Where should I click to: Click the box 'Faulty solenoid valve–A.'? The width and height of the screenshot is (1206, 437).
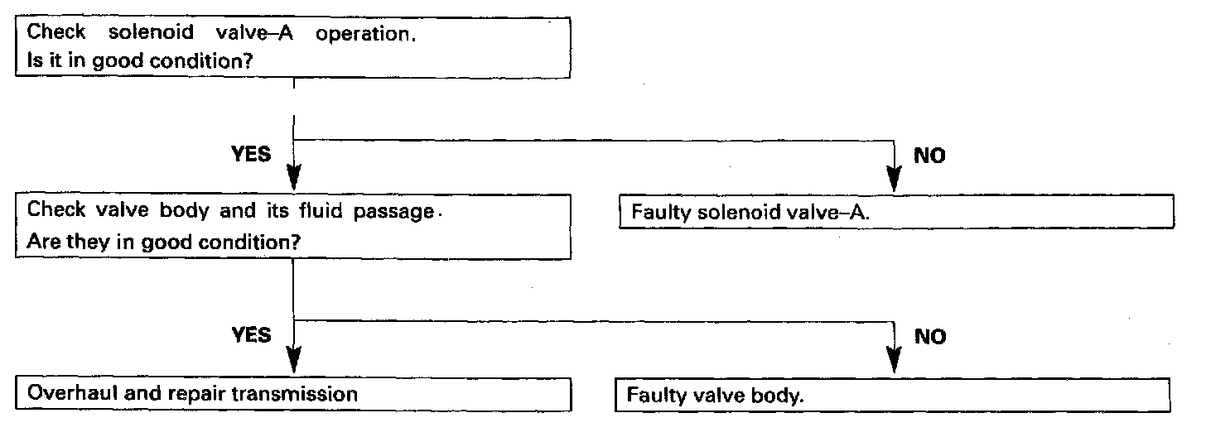pyautogui.click(x=896, y=214)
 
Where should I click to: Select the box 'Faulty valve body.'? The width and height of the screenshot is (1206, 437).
pyautogui.click(x=893, y=396)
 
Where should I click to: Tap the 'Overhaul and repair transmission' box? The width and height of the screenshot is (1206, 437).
pyautogui.click(x=294, y=392)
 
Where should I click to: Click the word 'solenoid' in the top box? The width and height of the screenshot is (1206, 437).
pyautogui.click(x=140, y=34)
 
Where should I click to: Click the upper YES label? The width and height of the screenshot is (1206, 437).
pyautogui.click(x=250, y=155)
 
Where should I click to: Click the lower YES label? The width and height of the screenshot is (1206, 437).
pyautogui.click(x=250, y=335)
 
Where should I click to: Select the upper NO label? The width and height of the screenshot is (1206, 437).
pyautogui.click(x=930, y=156)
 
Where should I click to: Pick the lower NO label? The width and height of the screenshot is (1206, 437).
pyautogui.click(x=930, y=337)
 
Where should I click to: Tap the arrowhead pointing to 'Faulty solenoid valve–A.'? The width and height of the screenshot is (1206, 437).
pyautogui.click(x=894, y=180)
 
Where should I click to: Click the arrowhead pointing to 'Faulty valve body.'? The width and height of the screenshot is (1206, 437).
pyautogui.click(x=894, y=361)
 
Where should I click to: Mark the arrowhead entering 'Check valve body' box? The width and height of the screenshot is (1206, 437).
pyautogui.click(x=294, y=179)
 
